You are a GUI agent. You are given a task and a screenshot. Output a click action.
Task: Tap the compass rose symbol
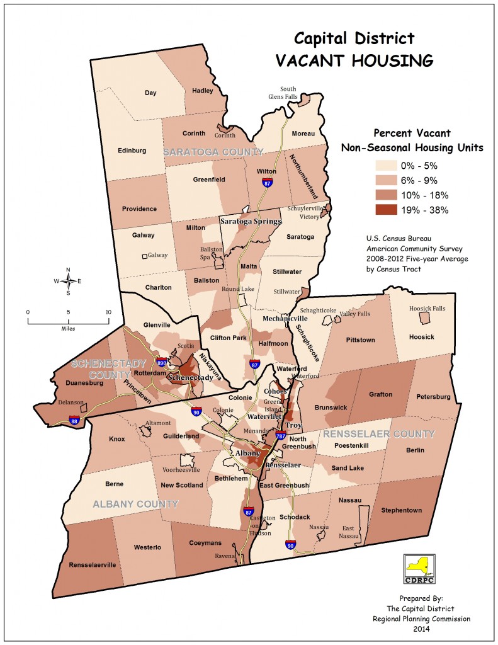click(68, 281)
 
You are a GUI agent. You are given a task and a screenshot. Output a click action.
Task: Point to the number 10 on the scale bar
click(108, 312)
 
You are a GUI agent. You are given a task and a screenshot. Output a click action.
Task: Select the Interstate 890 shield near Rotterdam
click(161, 363)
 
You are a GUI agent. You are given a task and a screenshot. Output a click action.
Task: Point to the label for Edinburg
click(132, 151)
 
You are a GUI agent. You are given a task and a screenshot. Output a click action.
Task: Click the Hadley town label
click(202, 91)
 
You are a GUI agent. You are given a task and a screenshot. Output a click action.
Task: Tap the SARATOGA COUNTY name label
click(213, 152)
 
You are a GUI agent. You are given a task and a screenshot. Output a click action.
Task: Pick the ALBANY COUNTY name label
click(135, 504)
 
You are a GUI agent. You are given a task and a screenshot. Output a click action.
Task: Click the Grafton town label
click(381, 394)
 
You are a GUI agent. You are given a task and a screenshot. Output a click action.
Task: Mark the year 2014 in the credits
click(421, 628)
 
